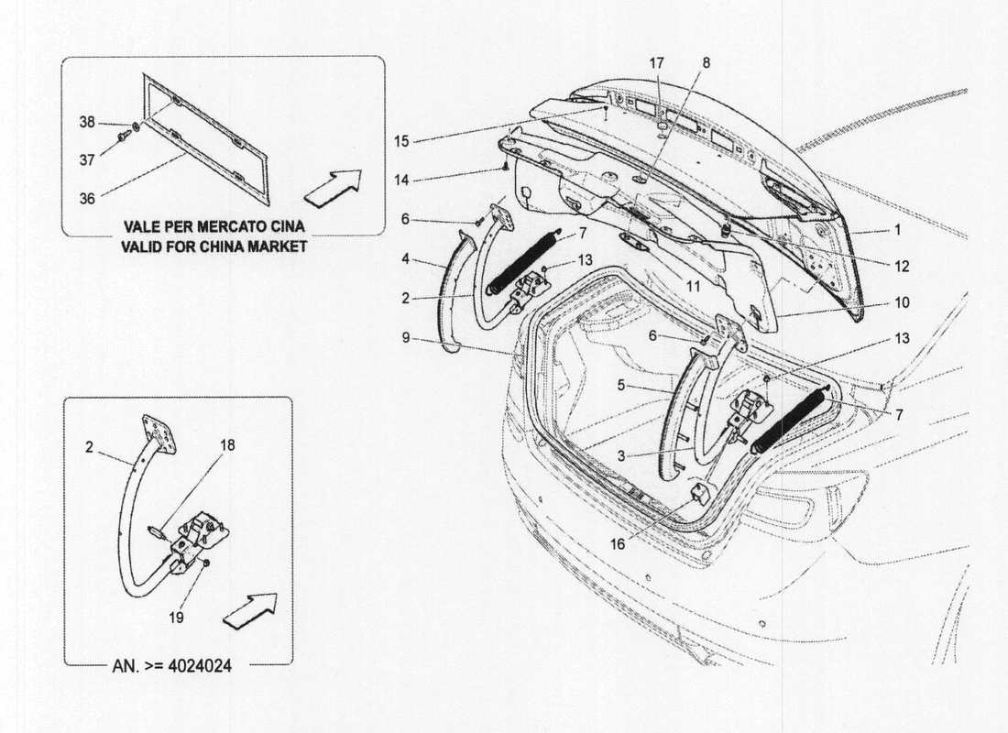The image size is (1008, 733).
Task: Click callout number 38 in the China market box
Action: point(86,122)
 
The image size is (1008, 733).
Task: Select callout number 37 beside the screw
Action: point(86,159)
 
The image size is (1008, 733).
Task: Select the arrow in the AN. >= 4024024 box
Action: point(249,609)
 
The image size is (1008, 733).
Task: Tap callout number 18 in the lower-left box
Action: point(227,445)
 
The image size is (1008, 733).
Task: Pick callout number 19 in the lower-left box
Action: point(176,618)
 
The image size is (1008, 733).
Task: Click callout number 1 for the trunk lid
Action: point(898,231)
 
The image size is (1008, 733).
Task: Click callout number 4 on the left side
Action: point(405,259)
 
